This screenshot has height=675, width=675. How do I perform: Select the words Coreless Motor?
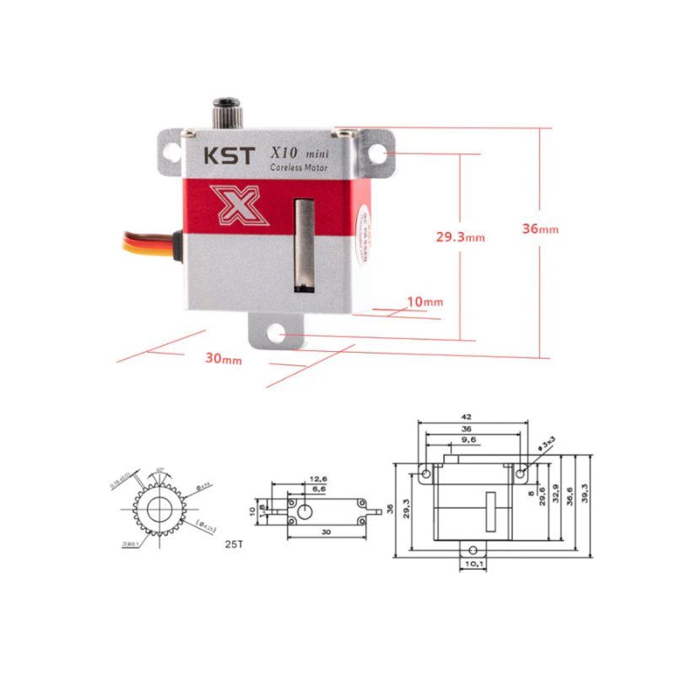(x=303, y=169)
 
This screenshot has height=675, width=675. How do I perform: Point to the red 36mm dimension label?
(x=540, y=229)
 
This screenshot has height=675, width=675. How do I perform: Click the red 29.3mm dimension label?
(x=460, y=237)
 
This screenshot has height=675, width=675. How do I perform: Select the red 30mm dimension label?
(x=224, y=358)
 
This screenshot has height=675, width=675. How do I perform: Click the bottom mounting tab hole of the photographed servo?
(x=276, y=334)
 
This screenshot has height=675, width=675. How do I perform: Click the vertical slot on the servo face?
(x=302, y=245)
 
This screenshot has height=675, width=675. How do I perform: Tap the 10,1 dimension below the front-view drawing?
(x=472, y=563)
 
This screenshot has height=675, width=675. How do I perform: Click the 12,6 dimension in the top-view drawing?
(x=319, y=478)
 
